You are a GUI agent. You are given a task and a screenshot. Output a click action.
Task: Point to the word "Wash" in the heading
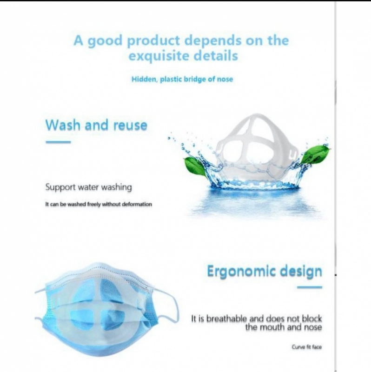pos(63,125)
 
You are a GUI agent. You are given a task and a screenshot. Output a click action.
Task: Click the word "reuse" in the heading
pos(130,126)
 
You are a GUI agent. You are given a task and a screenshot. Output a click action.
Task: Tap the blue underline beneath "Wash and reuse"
pos(59,142)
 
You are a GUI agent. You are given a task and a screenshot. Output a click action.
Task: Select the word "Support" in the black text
pos(60,187)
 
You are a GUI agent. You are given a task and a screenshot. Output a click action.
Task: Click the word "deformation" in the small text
pos(137,204)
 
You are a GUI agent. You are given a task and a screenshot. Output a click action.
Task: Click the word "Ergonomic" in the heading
pos(241,272)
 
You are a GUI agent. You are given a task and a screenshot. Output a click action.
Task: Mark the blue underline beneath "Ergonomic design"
pos(310,287)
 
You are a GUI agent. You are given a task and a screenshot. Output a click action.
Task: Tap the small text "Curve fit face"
pos(307,347)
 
